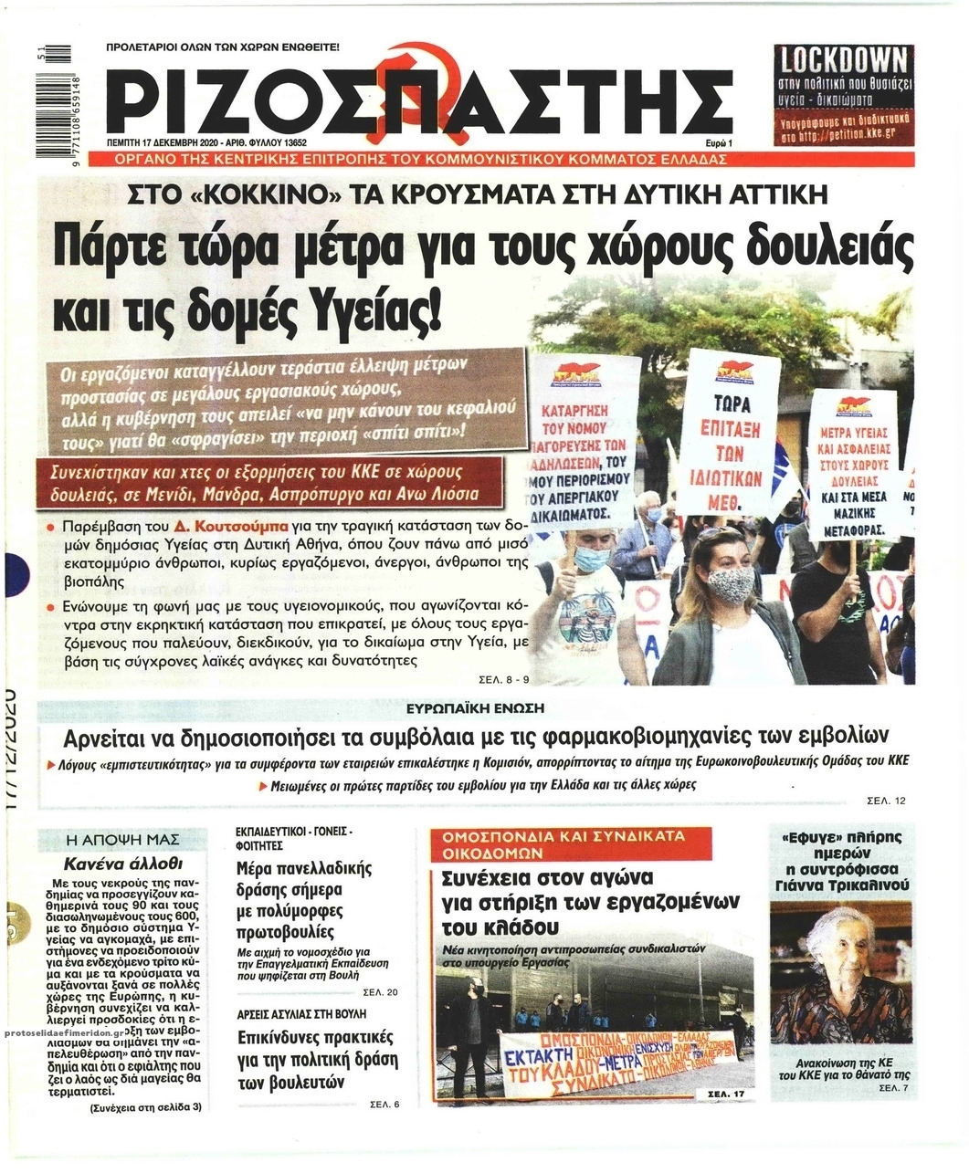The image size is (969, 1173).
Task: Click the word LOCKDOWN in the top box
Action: [842, 60]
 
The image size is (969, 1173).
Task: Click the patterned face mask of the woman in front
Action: [730, 584]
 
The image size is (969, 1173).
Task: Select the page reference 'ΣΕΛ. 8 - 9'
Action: [503, 679]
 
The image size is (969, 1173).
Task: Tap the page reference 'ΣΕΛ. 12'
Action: [886, 801]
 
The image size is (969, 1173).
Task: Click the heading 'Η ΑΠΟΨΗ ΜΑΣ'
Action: [123, 839]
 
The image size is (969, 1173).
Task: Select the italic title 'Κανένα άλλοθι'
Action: [123, 863]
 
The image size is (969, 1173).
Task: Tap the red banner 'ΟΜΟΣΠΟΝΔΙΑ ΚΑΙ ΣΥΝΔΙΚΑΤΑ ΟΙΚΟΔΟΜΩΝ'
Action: [563, 844]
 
